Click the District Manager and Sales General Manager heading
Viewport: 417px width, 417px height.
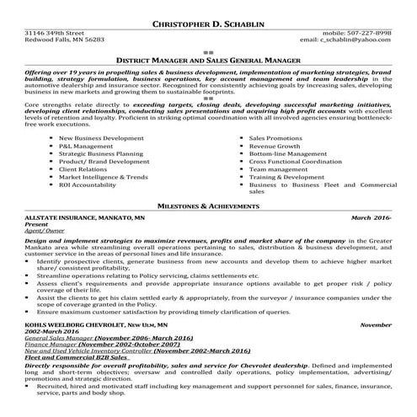[x=208, y=61]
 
